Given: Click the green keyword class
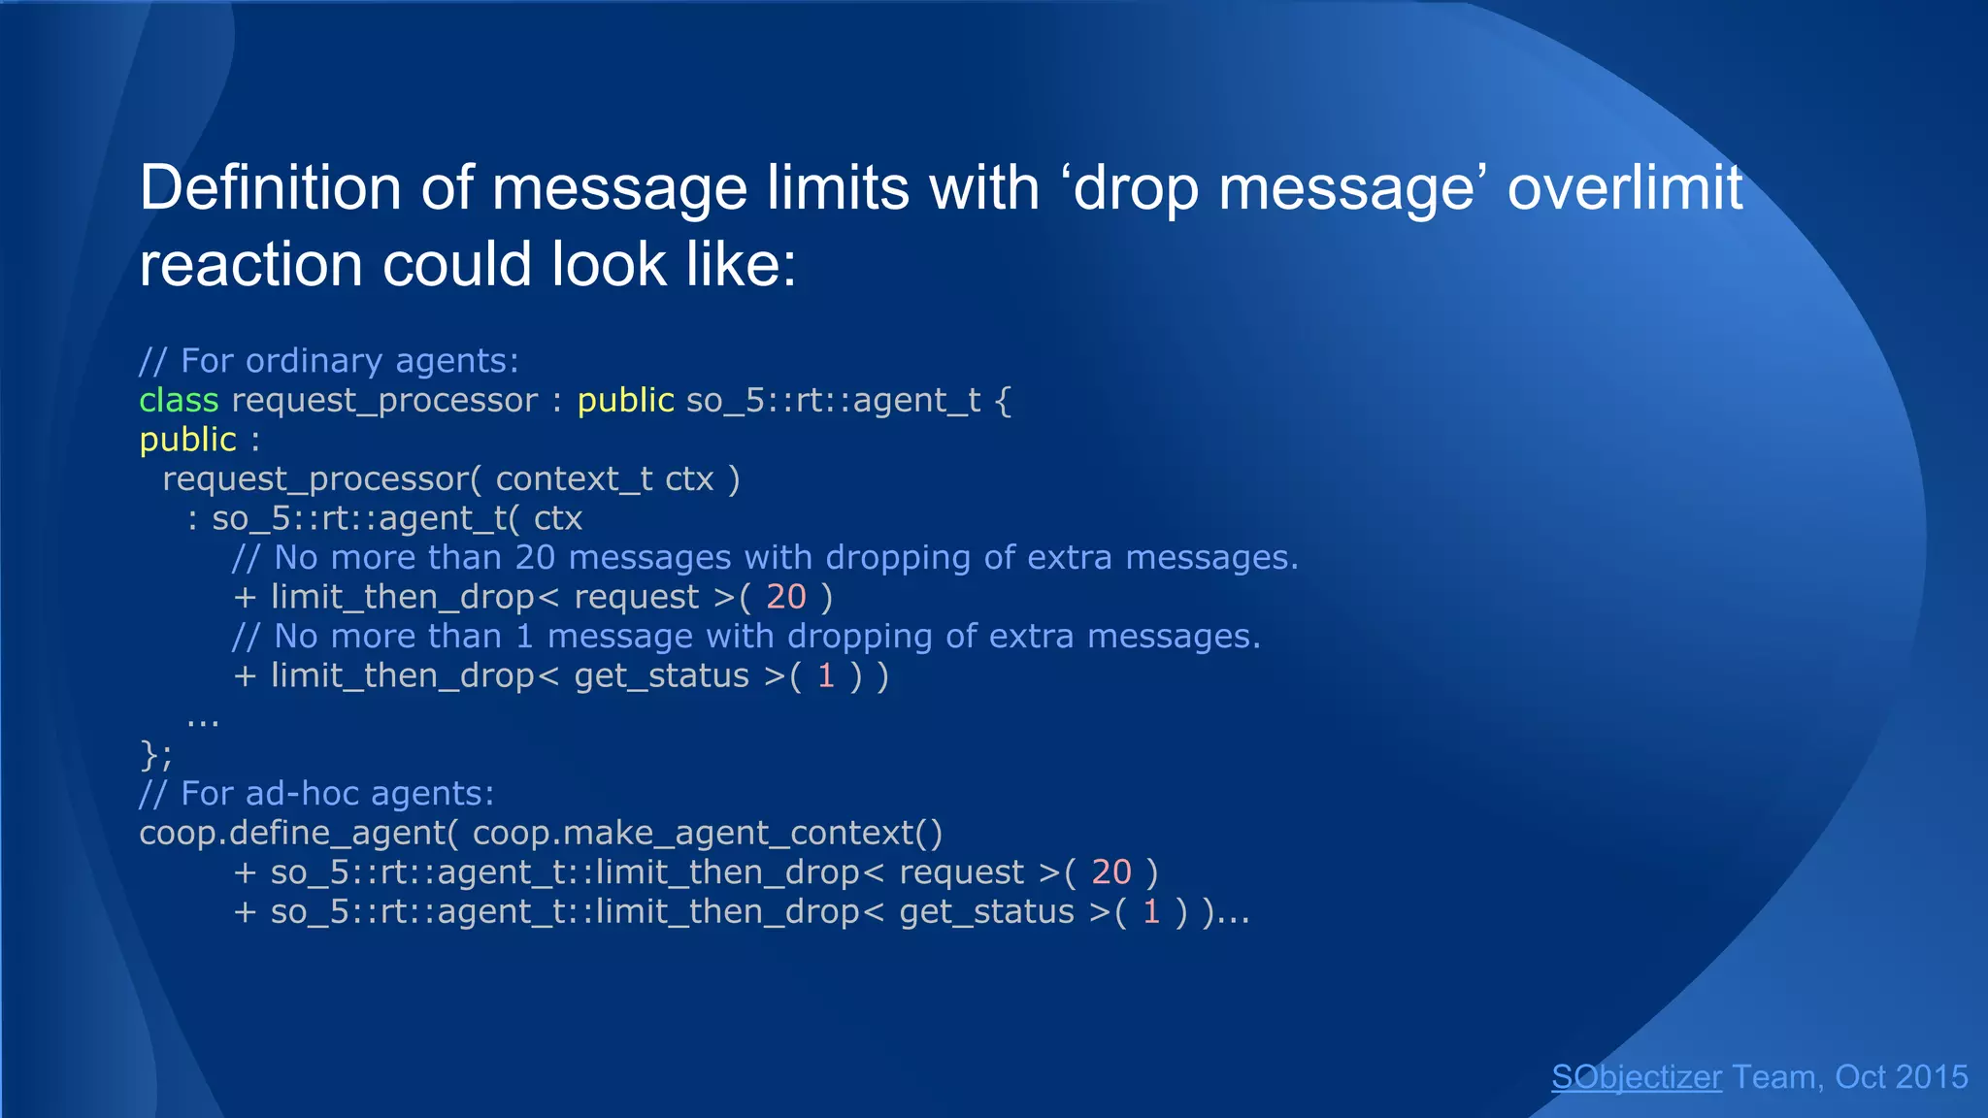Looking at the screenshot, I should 179,400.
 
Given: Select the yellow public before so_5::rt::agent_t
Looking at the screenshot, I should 625,400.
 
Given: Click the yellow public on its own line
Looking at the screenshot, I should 187,440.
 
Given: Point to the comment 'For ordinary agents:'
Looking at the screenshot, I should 329,361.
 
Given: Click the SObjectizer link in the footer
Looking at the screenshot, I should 1636,1077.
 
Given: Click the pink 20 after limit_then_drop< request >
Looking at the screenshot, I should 785,597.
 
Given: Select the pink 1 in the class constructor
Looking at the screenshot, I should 826,675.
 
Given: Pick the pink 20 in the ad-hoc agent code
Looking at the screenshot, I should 1110,872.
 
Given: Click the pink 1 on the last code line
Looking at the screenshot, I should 1151,912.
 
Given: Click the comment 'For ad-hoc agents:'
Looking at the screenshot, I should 316,794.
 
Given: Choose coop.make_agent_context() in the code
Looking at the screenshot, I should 708,834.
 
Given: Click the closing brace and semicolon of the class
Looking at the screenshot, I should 155,754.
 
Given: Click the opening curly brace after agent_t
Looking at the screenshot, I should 1004,401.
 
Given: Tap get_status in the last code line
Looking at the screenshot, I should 986,912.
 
